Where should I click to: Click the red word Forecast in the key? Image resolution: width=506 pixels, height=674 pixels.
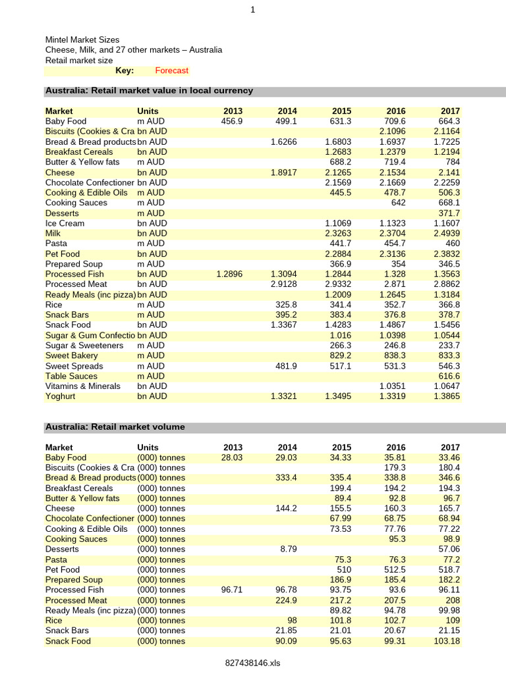coord(171,70)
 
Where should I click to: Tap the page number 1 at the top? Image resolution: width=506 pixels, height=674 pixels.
coord(252,9)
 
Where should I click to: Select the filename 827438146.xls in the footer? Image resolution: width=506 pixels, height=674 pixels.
coord(252,663)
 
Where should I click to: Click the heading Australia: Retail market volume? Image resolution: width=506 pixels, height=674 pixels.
coord(115,427)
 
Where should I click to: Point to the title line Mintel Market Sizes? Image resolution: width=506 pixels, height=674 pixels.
coord(82,40)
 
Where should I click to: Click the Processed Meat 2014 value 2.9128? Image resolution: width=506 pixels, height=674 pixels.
coord(283,284)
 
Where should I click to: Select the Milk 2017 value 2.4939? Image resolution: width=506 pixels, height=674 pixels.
coord(446,233)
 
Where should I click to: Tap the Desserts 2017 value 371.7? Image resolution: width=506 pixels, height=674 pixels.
coord(449,213)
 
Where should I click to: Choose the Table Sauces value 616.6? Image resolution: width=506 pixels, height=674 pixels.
coord(449,376)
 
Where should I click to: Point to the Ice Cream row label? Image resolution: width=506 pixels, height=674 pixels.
coord(65,223)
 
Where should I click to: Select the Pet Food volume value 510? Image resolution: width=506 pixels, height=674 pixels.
coord(344,569)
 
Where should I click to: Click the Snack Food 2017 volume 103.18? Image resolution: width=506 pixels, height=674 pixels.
coord(446,641)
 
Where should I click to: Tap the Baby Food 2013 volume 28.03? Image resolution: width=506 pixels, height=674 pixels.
coord(231,457)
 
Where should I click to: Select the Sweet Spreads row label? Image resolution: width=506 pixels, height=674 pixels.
coord(74,366)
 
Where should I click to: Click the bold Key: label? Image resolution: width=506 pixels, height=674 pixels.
coord(125,70)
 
